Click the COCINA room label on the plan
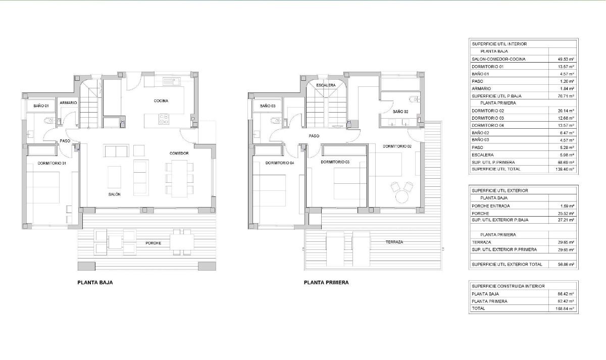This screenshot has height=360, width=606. tap(161, 101)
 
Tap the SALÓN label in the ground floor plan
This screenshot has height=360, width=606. tap(114, 194)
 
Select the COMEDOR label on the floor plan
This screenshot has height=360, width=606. tap(179, 153)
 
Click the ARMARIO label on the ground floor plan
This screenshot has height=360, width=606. tap(68, 103)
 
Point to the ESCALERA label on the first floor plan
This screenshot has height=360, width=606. tap(326, 85)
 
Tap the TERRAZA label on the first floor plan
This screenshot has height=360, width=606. tap(393, 242)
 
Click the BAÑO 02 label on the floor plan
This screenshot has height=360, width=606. tap(400, 111)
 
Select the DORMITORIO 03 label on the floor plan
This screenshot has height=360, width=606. tap(335, 162)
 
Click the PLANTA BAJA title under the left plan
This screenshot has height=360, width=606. tap(95, 283)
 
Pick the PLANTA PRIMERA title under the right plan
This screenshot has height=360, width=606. tap(326, 283)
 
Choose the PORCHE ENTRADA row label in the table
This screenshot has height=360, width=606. tap(490, 206)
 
